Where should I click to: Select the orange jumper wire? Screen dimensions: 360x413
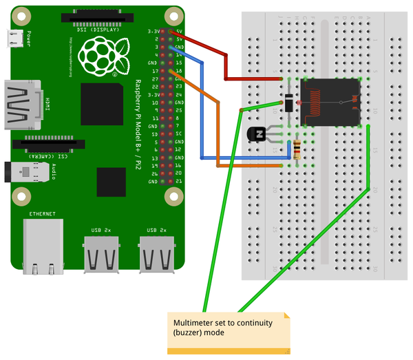[x=218, y=131]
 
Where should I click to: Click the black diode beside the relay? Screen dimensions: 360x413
[x=290, y=102]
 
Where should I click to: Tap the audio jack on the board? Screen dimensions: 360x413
[x=32, y=173]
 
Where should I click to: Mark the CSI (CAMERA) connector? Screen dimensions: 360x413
[x=52, y=146]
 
